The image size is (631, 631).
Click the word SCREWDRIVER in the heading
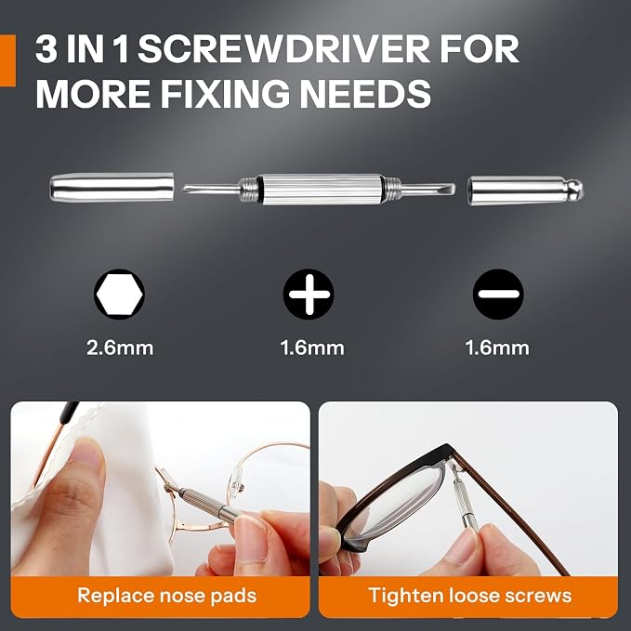click(283, 49)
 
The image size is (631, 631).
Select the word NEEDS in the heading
click(365, 94)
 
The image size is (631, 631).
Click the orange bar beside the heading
click(7, 60)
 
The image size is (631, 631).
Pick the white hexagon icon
click(120, 295)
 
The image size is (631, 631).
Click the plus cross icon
click(309, 295)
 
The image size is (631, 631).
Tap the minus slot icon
click(498, 295)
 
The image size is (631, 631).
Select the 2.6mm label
click(120, 348)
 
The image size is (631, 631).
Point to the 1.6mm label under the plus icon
click(312, 348)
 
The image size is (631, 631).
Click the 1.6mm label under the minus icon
click(497, 348)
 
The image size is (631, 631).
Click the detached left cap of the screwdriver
click(112, 187)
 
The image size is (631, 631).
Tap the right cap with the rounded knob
click(526, 190)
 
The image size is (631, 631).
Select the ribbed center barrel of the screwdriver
click(321, 190)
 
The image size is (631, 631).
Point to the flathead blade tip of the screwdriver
click(451, 189)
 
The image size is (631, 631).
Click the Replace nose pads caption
click(167, 595)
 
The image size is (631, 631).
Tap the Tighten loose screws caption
click(469, 595)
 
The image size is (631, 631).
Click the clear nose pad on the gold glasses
click(235, 479)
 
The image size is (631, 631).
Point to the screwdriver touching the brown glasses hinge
click(464, 499)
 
